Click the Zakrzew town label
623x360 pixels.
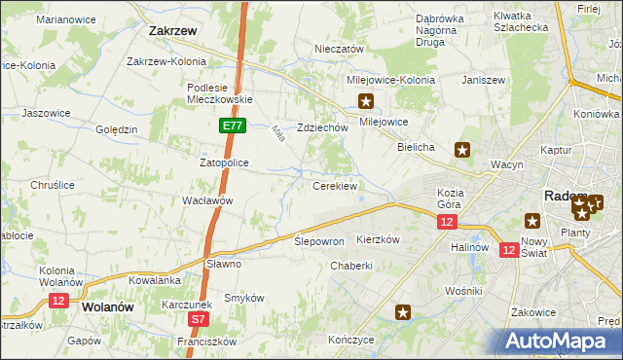point(173,30)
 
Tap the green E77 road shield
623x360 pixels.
point(232,126)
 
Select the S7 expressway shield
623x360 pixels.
point(199,318)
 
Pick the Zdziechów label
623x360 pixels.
point(322,127)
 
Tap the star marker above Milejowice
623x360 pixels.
point(367,100)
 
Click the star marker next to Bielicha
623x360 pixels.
point(462,150)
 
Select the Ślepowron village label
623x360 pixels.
point(319,240)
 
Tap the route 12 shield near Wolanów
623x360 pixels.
point(57,302)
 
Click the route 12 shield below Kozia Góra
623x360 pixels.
point(446,223)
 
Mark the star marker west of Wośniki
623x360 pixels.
point(403,312)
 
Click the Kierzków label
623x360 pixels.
point(380,239)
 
